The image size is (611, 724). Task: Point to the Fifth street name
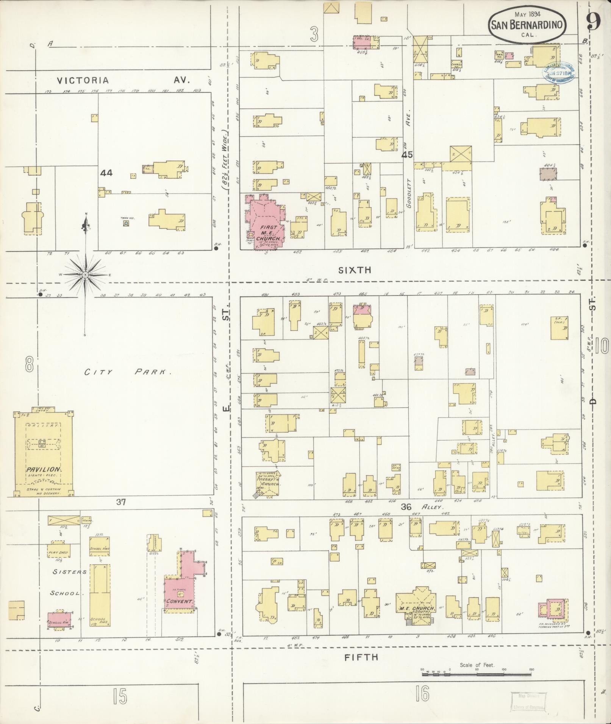pyautogui.click(x=361, y=657)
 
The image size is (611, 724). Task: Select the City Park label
pyautogui.click(x=128, y=372)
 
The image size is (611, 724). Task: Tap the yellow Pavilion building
pyautogui.click(x=43, y=454)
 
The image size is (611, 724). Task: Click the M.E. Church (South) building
pyautogui.click(x=416, y=610)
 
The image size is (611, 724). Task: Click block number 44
pyautogui.click(x=106, y=173)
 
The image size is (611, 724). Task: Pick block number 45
pyautogui.click(x=408, y=154)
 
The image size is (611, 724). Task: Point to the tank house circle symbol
pyautogui.click(x=126, y=224)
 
